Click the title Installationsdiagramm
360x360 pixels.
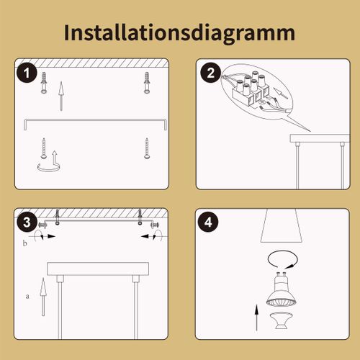179,33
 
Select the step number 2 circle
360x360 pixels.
210,72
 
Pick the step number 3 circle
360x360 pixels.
27,222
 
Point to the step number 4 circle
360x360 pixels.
209,222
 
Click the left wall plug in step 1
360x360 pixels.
45,81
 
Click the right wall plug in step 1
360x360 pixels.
147,81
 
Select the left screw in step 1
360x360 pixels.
45,148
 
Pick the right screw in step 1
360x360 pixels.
147,148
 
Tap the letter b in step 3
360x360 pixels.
26,245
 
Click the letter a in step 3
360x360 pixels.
27,295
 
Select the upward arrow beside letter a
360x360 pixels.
42,295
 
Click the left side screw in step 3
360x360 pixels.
42,225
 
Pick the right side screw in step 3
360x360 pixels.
153,225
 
